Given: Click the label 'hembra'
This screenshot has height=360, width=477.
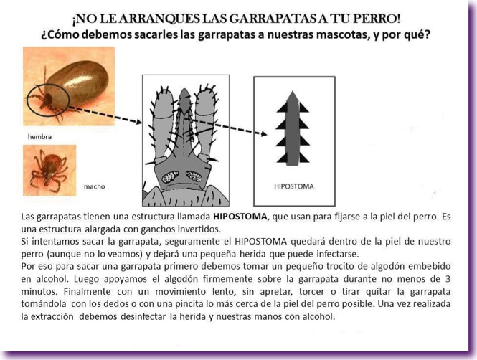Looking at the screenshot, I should click(39, 136).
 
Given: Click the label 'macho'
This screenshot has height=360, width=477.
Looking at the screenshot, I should click(94, 186).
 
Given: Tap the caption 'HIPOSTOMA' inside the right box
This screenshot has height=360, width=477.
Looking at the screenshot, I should click(294, 186).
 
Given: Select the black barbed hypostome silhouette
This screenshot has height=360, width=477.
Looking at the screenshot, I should click(292, 129).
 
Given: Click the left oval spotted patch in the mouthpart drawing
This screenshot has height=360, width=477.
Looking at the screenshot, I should click(170, 176).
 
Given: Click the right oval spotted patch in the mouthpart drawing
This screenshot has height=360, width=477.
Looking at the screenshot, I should click(195, 176).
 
